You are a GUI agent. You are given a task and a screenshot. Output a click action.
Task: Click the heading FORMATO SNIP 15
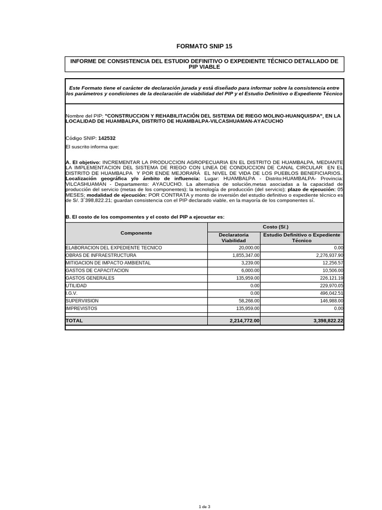(204, 46)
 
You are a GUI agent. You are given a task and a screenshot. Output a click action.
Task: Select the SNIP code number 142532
(109, 138)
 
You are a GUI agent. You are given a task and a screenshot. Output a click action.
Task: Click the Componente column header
(136, 233)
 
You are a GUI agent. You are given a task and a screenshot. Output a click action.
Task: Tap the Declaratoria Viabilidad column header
(233, 238)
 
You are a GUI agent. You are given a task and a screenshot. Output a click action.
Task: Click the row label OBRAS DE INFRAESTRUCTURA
(101, 255)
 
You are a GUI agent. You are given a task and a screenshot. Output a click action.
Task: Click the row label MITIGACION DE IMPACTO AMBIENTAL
(108, 263)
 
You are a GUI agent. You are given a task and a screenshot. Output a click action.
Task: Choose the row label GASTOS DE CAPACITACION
(97, 270)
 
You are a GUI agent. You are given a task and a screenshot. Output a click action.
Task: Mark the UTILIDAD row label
(76, 286)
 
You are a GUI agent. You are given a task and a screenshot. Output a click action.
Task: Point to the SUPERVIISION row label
(82, 301)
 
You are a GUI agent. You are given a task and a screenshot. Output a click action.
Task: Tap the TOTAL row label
(75, 321)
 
